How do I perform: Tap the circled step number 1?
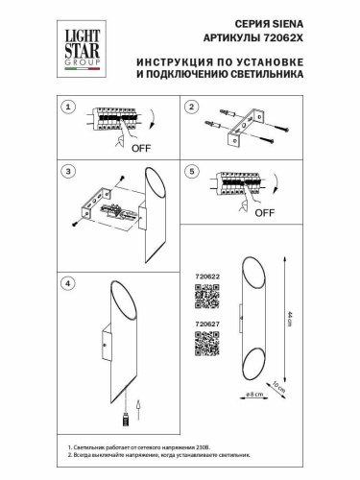click(68, 107)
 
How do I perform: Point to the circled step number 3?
click(68, 172)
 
